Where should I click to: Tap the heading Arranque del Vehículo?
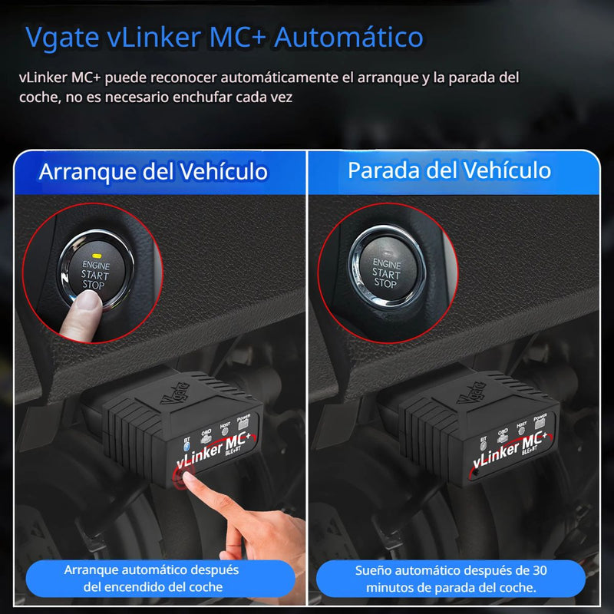(x=153, y=170)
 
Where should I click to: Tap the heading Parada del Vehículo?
(x=450, y=170)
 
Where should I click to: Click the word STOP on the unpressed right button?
(x=385, y=284)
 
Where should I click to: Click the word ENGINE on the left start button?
(x=97, y=265)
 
